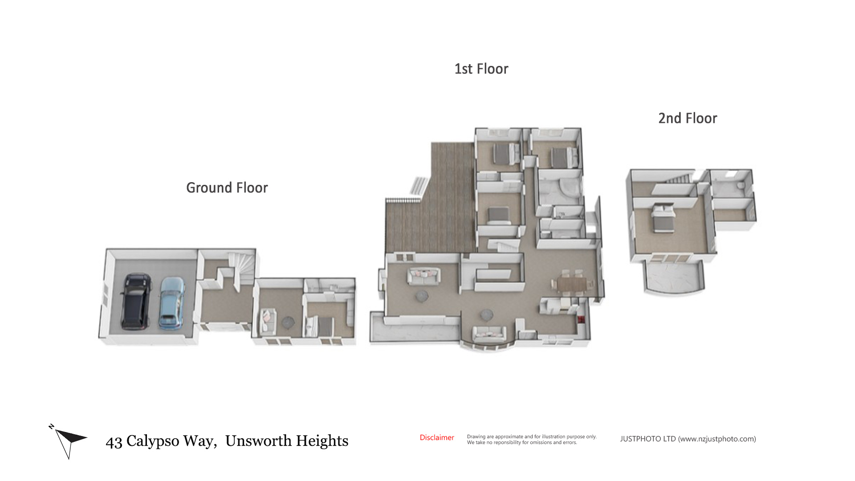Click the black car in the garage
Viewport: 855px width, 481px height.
pos(135,302)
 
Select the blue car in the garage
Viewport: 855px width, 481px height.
pos(172,303)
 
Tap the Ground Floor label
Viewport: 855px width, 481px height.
pos(227,188)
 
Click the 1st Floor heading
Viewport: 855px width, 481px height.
pos(481,69)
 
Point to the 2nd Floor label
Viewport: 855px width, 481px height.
pos(688,118)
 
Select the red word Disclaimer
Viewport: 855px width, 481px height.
pos(437,438)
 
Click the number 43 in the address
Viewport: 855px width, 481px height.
pos(114,442)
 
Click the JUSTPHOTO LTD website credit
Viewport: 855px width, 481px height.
pos(688,439)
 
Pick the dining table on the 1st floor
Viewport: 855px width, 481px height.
pos(572,283)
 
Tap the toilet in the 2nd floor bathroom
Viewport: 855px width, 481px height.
pos(741,185)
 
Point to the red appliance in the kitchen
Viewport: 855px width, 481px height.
pos(581,319)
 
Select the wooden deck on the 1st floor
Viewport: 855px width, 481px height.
pos(430,199)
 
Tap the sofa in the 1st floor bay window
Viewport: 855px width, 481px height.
pos(489,334)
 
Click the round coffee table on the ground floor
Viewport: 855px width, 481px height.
pos(288,322)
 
